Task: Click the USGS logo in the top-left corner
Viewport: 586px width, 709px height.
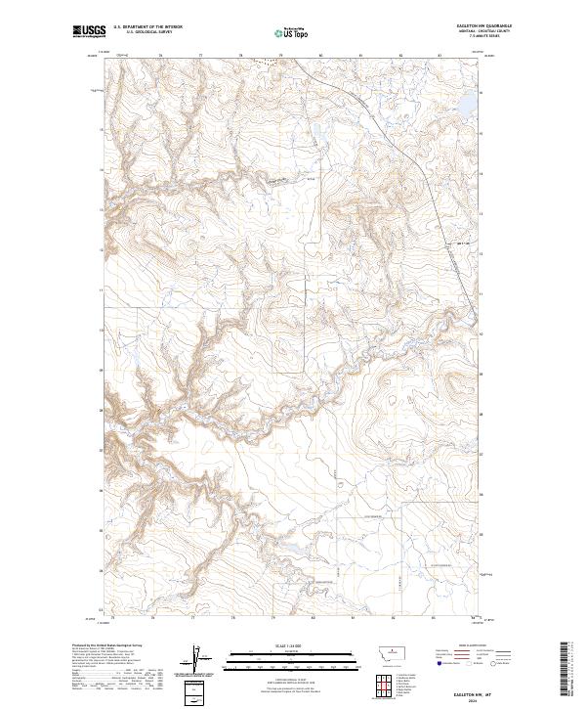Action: (x=89, y=31)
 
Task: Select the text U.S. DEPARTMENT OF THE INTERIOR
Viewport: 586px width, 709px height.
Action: (x=146, y=27)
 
